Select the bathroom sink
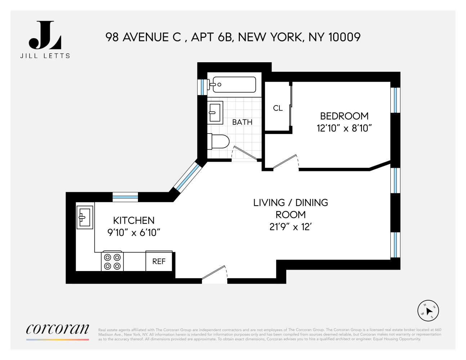(x=215, y=112)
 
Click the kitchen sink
(x=85, y=217)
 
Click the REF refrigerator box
(x=159, y=261)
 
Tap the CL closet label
(x=278, y=108)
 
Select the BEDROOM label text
(x=344, y=116)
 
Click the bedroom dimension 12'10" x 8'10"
(x=344, y=128)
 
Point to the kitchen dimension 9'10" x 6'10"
(x=134, y=233)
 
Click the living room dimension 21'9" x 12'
(x=290, y=227)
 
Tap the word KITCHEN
(x=134, y=220)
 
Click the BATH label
(x=242, y=122)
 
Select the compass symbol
(x=428, y=310)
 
